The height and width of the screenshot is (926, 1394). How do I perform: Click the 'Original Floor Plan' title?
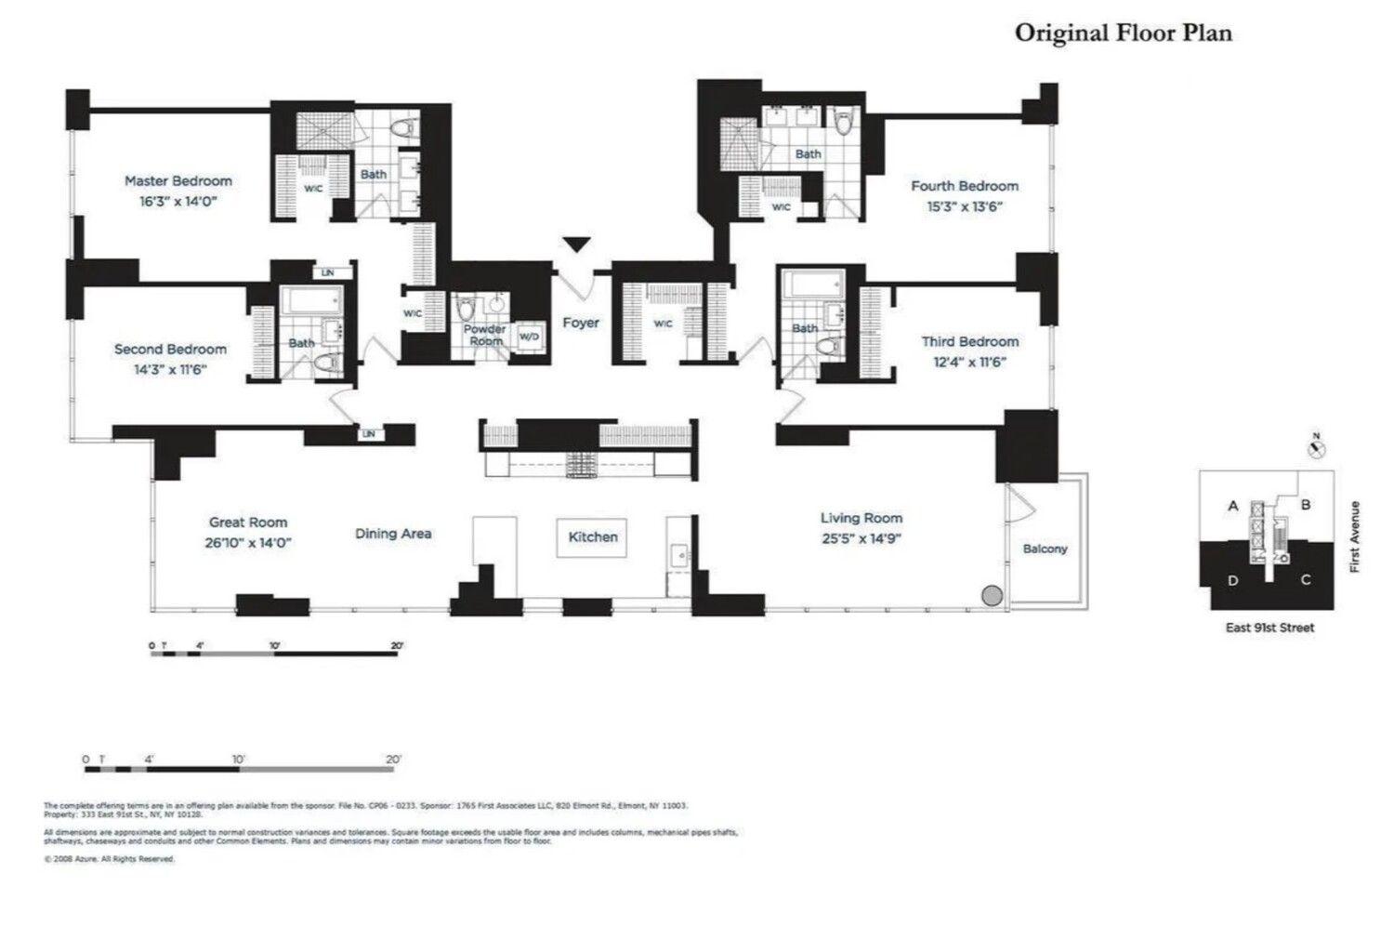[1123, 33]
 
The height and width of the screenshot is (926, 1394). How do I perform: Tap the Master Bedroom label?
[178, 181]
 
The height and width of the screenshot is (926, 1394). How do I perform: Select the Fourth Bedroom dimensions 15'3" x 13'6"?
[965, 207]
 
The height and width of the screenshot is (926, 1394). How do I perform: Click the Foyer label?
[581, 323]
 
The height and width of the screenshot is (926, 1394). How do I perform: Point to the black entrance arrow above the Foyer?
[577, 245]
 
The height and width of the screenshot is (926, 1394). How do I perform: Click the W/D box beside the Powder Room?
[528, 337]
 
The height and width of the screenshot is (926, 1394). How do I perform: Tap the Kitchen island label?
[593, 537]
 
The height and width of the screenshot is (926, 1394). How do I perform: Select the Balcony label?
[1045, 549]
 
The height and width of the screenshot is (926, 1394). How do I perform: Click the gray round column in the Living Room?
[993, 596]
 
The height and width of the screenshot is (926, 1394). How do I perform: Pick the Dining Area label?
[393, 534]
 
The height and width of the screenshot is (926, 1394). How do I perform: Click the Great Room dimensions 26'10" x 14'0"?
[248, 543]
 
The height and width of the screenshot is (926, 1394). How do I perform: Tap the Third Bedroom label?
[969, 342]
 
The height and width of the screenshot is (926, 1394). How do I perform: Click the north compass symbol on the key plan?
[1316, 449]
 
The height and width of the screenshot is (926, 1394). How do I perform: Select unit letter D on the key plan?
[1232, 581]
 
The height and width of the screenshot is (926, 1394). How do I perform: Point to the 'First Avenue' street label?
[1354, 536]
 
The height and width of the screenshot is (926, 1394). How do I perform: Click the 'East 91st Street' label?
[1269, 628]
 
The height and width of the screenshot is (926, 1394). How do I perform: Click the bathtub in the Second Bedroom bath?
[311, 301]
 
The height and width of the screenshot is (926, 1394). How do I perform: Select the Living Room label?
[861, 519]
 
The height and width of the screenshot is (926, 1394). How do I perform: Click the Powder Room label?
[484, 335]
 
